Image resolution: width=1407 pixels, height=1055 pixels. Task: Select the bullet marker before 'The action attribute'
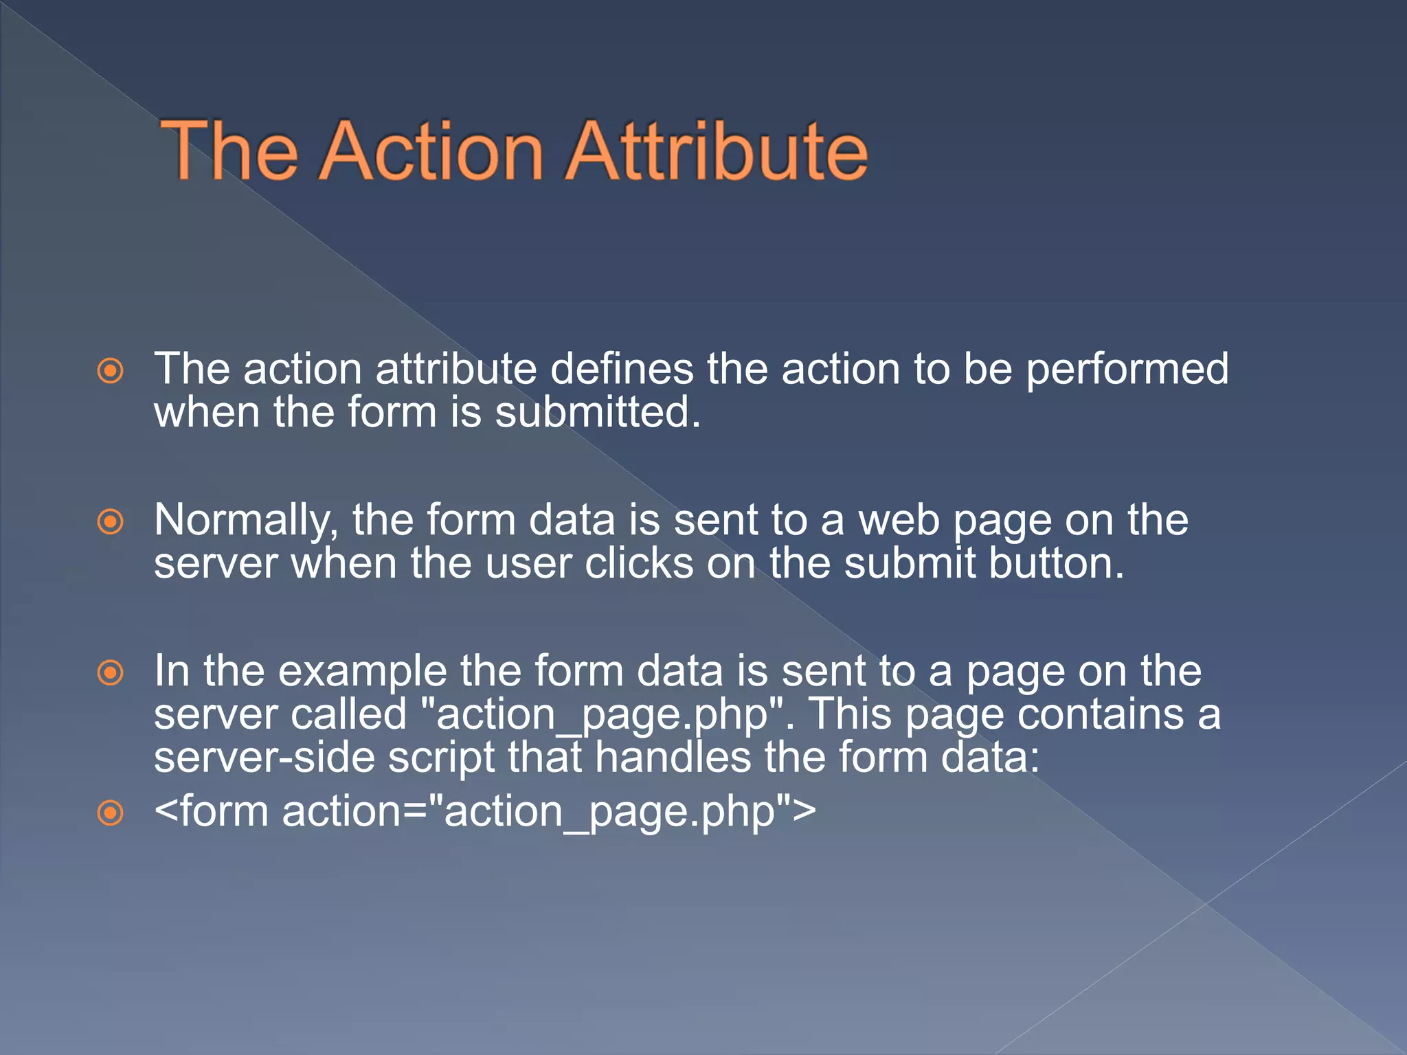tap(111, 371)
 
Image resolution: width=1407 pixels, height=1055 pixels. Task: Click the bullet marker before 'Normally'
tap(111, 522)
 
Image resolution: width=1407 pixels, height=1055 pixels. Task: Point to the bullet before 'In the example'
tap(111, 672)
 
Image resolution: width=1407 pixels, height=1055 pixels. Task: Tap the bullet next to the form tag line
tap(111, 813)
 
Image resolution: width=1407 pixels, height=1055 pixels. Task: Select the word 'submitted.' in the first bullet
tap(598, 413)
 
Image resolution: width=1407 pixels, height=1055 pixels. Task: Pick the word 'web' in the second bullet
tap(899, 521)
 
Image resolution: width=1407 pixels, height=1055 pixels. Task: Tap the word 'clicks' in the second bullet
tap(639, 565)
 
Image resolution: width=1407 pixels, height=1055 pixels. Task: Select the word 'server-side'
tap(264, 758)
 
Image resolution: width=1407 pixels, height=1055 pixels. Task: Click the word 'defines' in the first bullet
tap(621, 370)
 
